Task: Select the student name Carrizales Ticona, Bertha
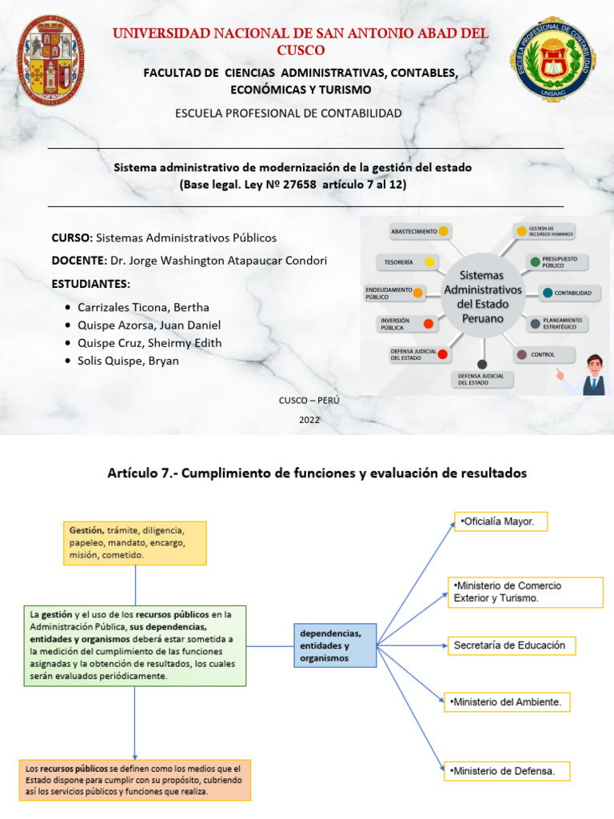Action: [x=143, y=307]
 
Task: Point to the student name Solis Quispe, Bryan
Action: [x=128, y=361]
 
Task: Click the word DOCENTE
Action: [x=78, y=261]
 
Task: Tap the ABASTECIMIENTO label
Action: [x=413, y=231]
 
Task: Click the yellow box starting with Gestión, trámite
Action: [x=134, y=543]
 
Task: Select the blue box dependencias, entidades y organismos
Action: [x=333, y=645]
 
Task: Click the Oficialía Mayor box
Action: [x=500, y=522]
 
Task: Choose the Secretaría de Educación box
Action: [x=509, y=645]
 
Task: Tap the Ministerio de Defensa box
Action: [x=509, y=771]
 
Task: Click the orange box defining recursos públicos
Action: [x=134, y=780]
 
